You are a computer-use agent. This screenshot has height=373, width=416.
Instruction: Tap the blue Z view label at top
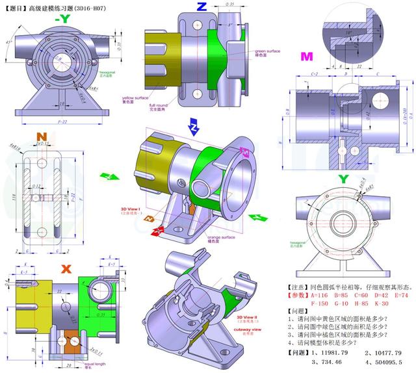tap(201, 7)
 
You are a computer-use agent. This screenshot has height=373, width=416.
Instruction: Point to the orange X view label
tap(65, 268)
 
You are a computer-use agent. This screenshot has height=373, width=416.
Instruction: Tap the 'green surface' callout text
tap(267, 51)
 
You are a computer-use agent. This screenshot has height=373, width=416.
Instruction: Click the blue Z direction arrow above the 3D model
tap(192, 124)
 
